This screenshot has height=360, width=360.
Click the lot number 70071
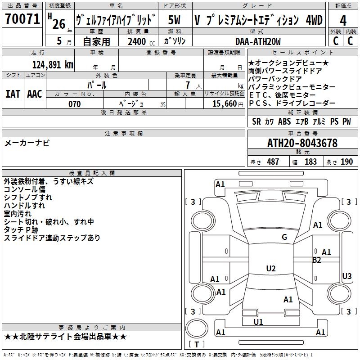pos(22,19)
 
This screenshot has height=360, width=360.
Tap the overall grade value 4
pos(343,20)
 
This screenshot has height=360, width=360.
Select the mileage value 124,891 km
pos(53,64)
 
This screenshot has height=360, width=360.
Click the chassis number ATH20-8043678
pos(302,144)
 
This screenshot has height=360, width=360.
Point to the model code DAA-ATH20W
pos(258,41)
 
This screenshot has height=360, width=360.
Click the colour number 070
pos(74,104)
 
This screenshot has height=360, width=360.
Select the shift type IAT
pos(13,94)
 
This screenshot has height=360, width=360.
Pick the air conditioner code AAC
pos(35,94)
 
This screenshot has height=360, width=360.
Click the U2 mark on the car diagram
pos(271,269)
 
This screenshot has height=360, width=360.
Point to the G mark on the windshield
pos(284,237)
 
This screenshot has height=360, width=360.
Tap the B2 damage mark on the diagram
pos(317,260)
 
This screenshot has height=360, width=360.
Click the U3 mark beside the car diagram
pos(347,276)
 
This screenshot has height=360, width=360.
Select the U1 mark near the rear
pos(258,322)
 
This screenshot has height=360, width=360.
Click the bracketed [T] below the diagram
pos(197,345)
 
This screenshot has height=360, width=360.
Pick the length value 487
pos(273,162)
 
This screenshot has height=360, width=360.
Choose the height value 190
pos(346,162)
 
